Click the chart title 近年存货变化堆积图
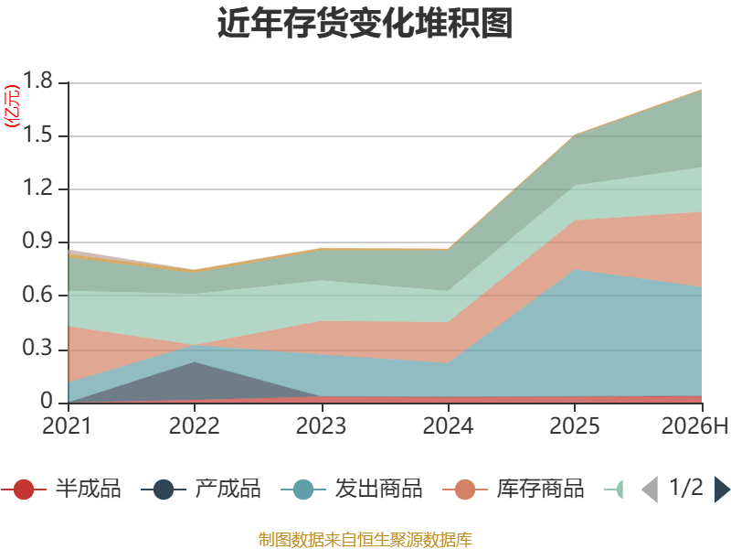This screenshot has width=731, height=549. coord(365,23)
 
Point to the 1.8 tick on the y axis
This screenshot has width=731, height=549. coord(37,81)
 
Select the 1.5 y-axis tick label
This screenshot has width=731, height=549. coord(37,135)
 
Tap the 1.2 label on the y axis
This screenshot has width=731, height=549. coord(37,188)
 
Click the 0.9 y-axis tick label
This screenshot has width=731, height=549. coord(37,241)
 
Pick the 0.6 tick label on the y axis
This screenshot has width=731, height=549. coord(37,295)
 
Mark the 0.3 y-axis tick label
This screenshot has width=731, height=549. coord(37,348)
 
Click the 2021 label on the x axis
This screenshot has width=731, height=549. coord(67,425)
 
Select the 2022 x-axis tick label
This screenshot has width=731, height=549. coord(194,425)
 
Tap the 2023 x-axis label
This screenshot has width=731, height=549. coord(321,425)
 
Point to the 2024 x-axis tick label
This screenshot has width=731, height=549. coord(448,425)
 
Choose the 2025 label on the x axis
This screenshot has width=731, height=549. coord(575,425)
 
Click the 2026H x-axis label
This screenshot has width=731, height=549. coord(694,425)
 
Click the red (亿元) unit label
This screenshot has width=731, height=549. coord(12,106)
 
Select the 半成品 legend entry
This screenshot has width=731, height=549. coord(60,489)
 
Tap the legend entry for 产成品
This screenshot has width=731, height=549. coord(200,489)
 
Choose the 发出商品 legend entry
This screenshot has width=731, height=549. coord(352,489)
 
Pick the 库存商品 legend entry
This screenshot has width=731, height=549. coord(514,489)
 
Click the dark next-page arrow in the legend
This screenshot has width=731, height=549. coord(722,489)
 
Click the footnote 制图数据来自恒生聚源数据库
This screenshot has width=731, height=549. coord(365,540)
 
